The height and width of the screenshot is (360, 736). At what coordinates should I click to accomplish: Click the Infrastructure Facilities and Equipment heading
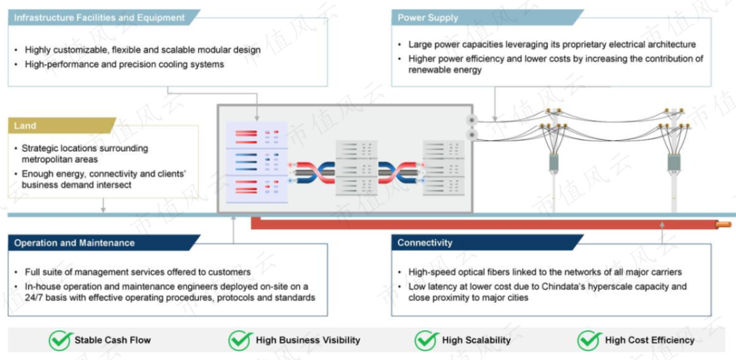click(x=99, y=18)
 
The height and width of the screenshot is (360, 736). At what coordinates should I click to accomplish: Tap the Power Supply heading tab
click(x=427, y=18)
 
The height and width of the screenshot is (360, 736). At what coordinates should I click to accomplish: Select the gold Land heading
click(x=25, y=125)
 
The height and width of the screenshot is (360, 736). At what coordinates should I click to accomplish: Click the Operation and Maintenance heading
click(x=74, y=243)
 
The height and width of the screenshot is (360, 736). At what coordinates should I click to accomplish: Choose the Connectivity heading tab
click(x=425, y=243)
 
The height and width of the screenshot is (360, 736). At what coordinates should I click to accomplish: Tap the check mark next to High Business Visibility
click(x=241, y=340)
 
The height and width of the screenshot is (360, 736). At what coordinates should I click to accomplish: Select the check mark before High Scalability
click(x=427, y=340)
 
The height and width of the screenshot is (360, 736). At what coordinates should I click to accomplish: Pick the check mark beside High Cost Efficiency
click(x=589, y=340)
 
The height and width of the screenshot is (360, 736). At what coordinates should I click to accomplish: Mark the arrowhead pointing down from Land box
click(x=103, y=209)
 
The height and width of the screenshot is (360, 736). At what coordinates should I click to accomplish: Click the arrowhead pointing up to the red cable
click(x=662, y=225)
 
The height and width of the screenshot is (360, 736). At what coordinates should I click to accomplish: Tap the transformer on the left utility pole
click(x=554, y=162)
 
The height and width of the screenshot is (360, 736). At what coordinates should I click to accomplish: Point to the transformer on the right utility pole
click(x=674, y=162)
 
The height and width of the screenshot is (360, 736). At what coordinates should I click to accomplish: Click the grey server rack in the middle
click(x=356, y=168)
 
